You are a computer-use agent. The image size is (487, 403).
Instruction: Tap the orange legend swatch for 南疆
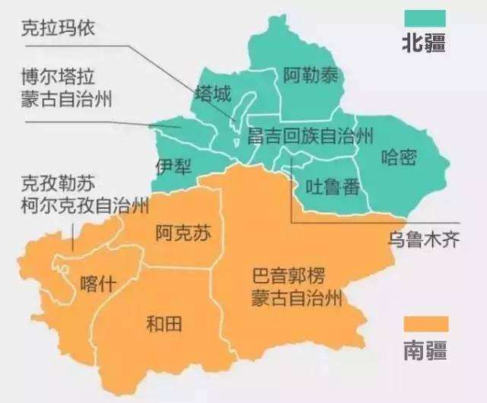[x=425, y=324]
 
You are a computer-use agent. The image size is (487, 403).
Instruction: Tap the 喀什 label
[x=97, y=284]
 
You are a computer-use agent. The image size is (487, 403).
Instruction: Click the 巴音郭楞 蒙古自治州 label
[x=297, y=286]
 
